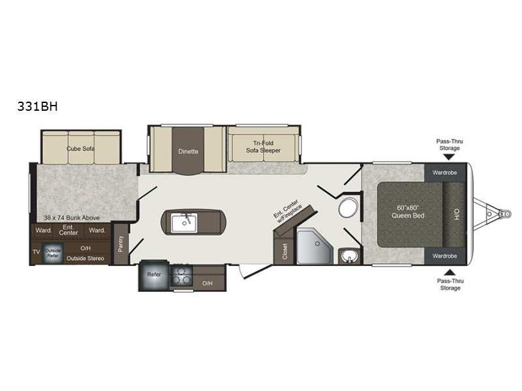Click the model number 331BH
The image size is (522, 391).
(x=37, y=106)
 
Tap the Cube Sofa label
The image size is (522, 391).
(x=80, y=149)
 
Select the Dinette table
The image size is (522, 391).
(x=188, y=151)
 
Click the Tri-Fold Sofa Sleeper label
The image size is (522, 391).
(x=264, y=147)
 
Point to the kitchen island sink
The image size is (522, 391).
(x=184, y=223)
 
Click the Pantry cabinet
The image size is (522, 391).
(x=121, y=244)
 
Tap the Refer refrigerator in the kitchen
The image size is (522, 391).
(x=154, y=275)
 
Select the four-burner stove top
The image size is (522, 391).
(x=181, y=276)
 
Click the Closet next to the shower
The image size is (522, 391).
(x=284, y=251)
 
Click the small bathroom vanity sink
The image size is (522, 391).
(x=349, y=256)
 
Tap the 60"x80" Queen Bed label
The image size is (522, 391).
(x=408, y=212)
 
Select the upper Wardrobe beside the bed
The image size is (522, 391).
(x=445, y=173)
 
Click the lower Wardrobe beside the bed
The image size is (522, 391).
(x=445, y=256)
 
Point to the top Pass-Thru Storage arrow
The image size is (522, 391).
(x=449, y=156)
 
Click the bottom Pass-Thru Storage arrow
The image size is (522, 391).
(x=450, y=272)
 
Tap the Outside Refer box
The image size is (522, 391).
(x=53, y=253)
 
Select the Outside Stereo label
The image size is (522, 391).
(x=85, y=258)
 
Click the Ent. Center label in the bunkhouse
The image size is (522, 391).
(x=69, y=230)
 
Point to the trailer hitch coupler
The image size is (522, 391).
(x=505, y=213)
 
